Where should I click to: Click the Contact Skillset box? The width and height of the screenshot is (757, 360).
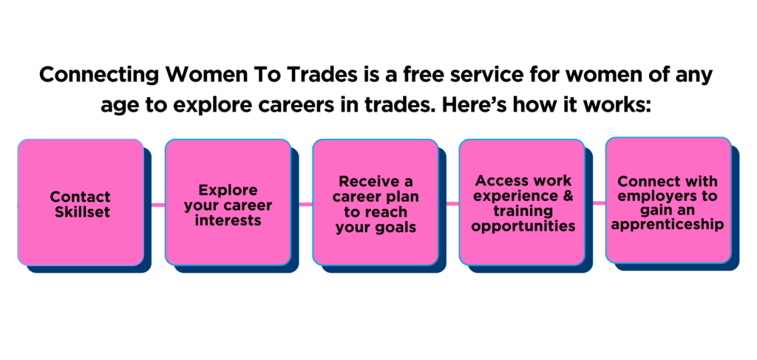point(81,203)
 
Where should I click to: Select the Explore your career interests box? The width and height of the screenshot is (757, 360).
point(228,203)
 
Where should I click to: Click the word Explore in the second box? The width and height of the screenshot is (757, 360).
point(228,190)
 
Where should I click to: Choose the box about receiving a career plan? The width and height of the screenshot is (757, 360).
point(376,203)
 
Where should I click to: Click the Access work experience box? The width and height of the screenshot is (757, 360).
point(522,203)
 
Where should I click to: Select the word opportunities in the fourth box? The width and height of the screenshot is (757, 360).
point(523,226)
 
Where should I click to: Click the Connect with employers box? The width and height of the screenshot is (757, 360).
point(668,200)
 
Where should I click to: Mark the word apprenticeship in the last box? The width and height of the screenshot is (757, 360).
point(668,225)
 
